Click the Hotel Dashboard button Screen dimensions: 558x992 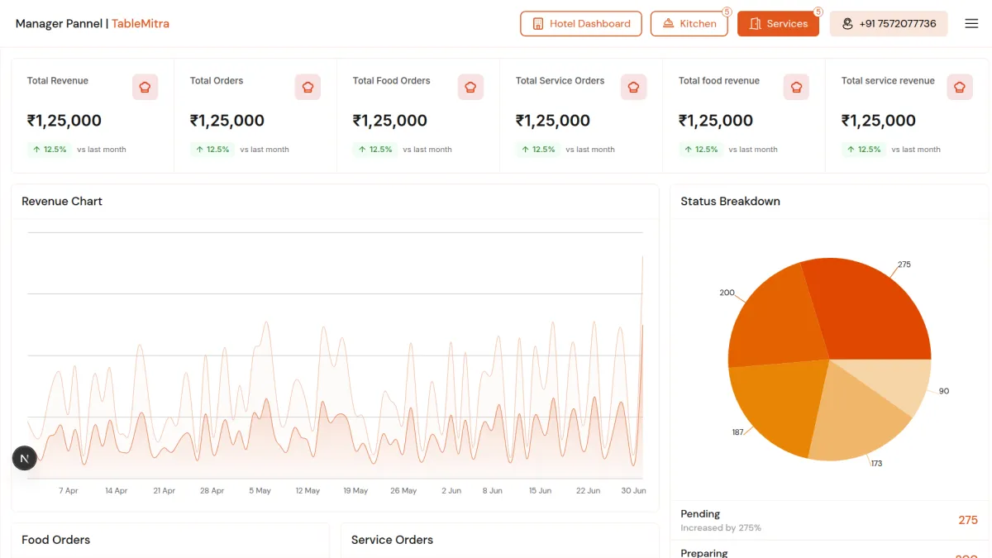580,24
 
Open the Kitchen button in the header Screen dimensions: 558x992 689,24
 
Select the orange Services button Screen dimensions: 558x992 778,24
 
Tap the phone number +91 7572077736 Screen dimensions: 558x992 889,24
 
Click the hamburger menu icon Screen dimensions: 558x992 971,24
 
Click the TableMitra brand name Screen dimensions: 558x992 141,24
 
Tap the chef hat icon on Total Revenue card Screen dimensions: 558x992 145,87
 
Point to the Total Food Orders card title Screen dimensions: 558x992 391,81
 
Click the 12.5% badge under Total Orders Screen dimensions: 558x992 212,150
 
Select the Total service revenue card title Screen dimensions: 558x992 888,81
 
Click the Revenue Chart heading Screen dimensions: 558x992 62,202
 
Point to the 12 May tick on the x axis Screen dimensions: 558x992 308,491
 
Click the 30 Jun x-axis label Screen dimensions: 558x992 633,491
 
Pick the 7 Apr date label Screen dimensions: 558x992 69,491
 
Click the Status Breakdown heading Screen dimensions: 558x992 730,202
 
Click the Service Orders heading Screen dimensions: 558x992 392,540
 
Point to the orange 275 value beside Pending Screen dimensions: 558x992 967,520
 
